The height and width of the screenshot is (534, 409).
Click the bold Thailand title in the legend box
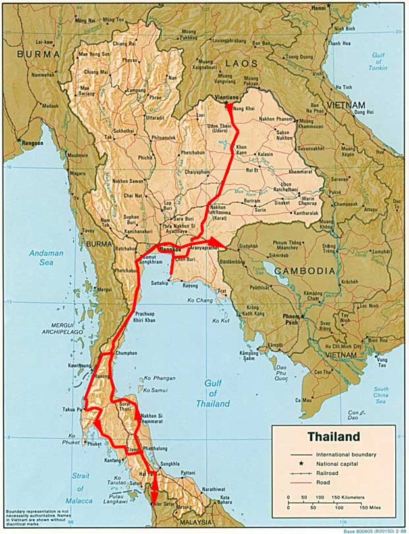(x=333, y=437)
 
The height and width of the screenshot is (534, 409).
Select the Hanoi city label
(x=318, y=7)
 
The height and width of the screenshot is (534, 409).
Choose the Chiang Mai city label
(x=95, y=72)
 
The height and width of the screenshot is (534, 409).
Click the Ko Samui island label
(x=156, y=391)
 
